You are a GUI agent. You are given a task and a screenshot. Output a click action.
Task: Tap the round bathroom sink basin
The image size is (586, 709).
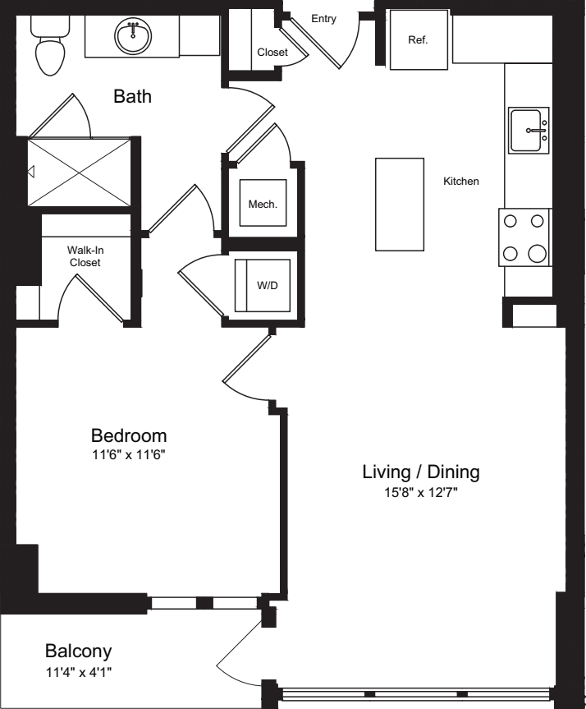click(x=133, y=37)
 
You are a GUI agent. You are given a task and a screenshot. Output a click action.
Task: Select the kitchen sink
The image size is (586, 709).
click(x=529, y=131)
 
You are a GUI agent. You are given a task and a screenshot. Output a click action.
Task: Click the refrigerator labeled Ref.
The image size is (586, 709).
click(x=419, y=39)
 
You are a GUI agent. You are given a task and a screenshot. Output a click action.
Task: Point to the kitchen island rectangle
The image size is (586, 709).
click(x=400, y=204)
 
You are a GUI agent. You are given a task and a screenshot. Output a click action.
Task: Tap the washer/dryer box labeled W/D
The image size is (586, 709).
click(x=263, y=285)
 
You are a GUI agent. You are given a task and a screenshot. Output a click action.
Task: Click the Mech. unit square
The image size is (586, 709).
click(x=263, y=203)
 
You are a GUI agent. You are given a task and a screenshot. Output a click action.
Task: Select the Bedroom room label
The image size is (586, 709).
click(x=129, y=435)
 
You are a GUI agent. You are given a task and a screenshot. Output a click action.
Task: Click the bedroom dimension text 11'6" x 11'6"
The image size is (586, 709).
click(x=129, y=455)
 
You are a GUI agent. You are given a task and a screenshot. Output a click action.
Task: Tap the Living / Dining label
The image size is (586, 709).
click(x=421, y=472)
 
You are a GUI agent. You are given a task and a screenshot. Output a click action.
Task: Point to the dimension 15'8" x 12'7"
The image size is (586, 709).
click(x=421, y=492)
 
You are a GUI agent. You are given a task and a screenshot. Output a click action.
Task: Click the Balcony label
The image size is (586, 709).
click(x=78, y=651)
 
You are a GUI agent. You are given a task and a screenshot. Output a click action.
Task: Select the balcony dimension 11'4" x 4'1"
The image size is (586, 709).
click(x=79, y=672)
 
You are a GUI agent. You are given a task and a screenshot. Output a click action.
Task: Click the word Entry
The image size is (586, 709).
click(x=323, y=19)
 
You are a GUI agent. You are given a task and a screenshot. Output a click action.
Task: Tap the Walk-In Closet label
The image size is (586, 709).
click(x=85, y=256)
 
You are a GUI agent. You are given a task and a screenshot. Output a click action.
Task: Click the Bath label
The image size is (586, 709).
click(x=132, y=96)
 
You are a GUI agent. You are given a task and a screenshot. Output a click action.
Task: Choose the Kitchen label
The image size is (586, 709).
click(x=461, y=182)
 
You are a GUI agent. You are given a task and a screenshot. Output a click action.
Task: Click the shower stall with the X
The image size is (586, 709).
click(x=79, y=172)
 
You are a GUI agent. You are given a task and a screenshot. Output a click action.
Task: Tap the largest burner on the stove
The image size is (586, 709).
click(x=538, y=253)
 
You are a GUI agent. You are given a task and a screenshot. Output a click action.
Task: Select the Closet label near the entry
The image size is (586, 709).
click(x=272, y=53)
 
